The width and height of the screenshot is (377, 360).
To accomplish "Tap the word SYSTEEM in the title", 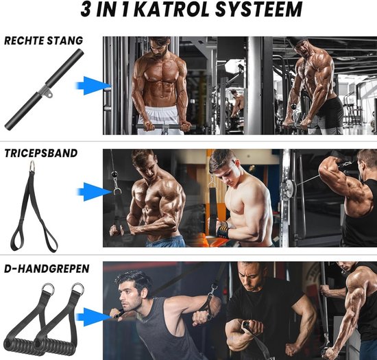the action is [258, 10].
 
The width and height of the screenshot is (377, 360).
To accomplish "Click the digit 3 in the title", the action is [86, 10].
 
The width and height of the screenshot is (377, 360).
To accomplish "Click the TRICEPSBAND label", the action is [41, 153].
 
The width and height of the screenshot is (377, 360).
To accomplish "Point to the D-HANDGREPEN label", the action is [47, 269].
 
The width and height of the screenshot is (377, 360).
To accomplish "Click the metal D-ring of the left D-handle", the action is [49, 289].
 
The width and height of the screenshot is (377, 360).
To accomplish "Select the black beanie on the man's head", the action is [297, 41].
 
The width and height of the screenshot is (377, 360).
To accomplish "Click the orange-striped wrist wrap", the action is [224, 229].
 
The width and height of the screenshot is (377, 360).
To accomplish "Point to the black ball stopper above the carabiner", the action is [115, 174].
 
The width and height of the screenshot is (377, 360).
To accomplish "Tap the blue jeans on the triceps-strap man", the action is [166, 241].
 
